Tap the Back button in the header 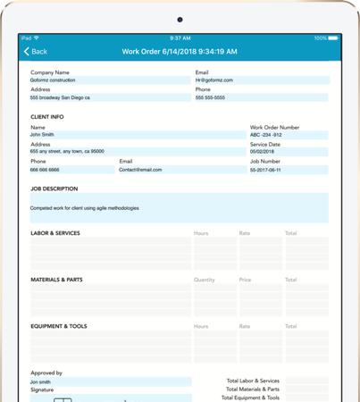point(36,52)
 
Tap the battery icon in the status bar point(333,38)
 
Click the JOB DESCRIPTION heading point(54,189)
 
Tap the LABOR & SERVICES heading point(55,233)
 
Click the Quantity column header point(205,280)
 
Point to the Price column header point(246,280)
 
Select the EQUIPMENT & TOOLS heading point(59,326)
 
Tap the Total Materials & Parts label point(253,389)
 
